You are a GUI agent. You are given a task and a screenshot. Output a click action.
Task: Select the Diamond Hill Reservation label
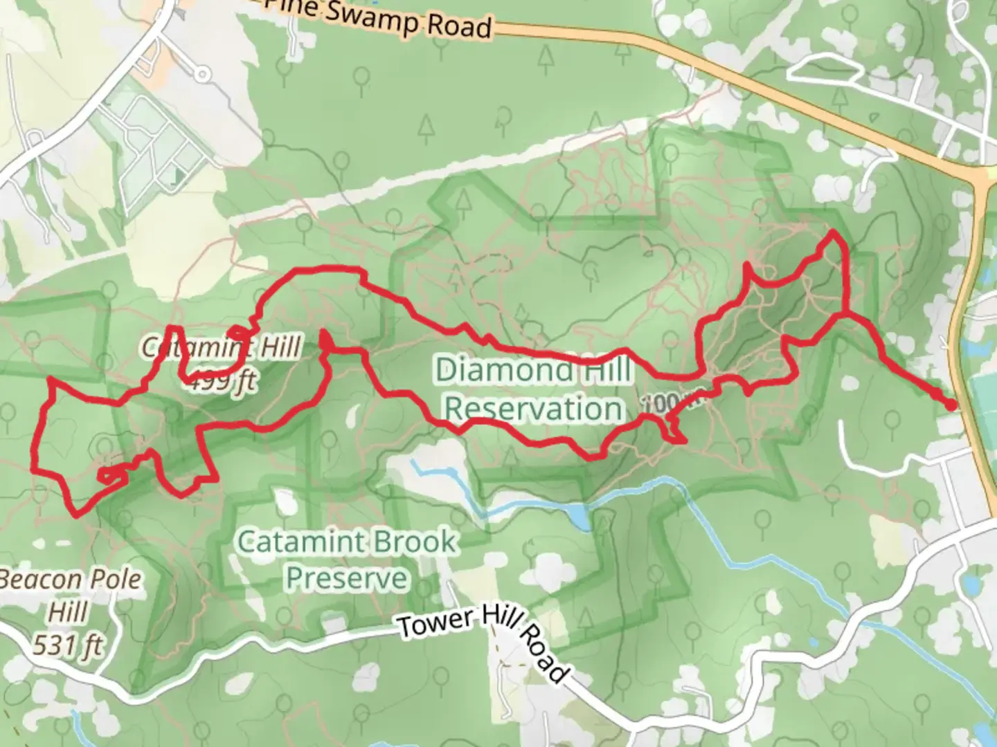(x=533, y=389)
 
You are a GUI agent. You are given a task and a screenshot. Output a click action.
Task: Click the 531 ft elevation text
(x=68, y=645)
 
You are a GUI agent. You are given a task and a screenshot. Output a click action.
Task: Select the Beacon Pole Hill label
(x=69, y=595)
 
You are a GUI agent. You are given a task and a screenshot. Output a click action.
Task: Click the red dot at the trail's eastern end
(x=951, y=405)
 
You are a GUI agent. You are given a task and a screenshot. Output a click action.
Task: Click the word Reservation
(x=533, y=408)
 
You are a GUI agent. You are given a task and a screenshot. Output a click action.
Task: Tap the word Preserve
(x=346, y=578)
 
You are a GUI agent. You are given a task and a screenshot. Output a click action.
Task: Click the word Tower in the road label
(x=435, y=623)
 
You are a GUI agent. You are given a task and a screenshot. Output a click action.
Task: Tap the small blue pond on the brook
(x=578, y=516)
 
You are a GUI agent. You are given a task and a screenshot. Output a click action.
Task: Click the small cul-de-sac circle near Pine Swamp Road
(x=201, y=73)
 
